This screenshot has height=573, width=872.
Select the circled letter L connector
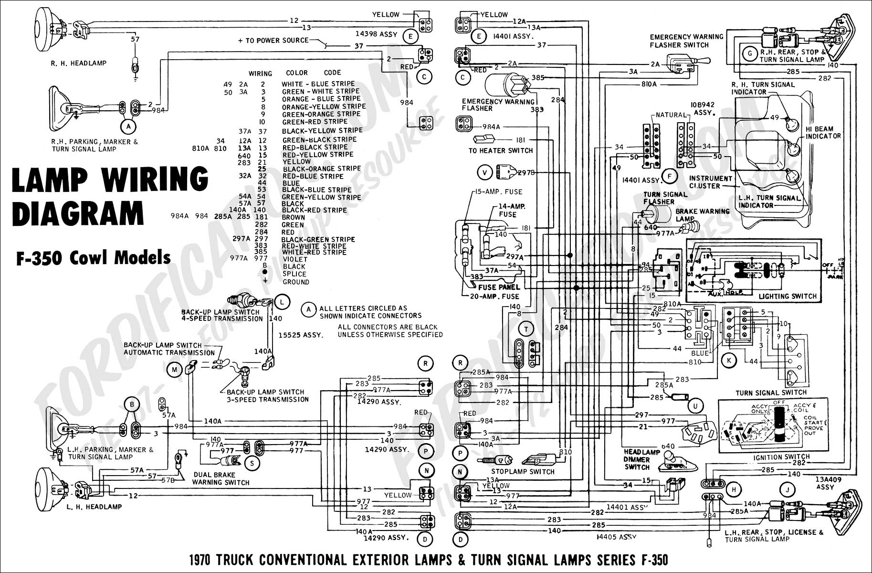click(x=282, y=302)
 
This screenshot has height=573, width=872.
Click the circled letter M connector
click(x=174, y=369)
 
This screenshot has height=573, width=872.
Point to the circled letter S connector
click(x=252, y=462)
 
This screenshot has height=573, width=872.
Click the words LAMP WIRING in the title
click(x=109, y=180)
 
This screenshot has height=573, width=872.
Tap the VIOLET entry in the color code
click(x=295, y=259)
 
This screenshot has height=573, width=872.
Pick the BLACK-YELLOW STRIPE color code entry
click(x=322, y=131)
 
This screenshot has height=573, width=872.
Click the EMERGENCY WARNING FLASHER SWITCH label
click(x=686, y=41)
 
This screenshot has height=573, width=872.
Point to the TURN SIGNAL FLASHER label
click(x=665, y=198)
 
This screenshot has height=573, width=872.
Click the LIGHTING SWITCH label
click(x=788, y=296)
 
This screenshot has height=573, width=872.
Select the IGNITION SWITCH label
click(x=781, y=457)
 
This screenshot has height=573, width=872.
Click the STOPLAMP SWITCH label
click(x=523, y=471)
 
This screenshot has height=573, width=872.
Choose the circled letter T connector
click(x=526, y=329)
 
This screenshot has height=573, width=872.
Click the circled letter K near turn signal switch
click(x=729, y=361)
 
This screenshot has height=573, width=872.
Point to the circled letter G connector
click(x=750, y=53)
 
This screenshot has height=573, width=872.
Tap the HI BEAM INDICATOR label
click(x=823, y=132)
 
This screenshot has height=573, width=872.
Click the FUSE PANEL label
click(x=499, y=287)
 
